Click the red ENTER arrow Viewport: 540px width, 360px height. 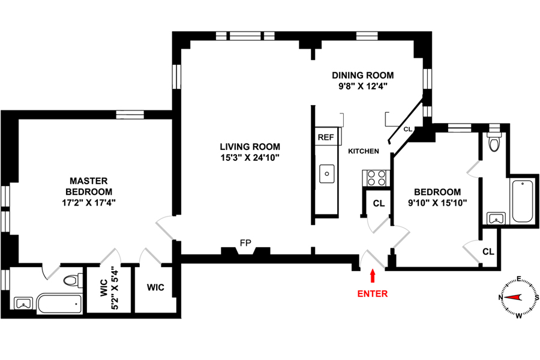(373, 276)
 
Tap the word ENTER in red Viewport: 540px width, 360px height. (373, 294)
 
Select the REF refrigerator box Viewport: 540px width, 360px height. (326, 137)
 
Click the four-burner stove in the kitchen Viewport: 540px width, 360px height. (376, 178)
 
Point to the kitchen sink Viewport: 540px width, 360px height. (327, 173)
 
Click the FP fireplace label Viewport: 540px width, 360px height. (245, 243)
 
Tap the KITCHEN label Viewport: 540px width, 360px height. (364, 151)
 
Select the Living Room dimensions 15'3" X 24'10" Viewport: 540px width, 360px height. (250, 158)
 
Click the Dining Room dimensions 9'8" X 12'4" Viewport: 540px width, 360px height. (363, 86)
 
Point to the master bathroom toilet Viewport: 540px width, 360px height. (72, 280)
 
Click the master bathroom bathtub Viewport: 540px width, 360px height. (59, 304)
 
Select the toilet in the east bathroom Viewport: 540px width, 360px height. (494, 143)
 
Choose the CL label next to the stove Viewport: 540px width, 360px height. (379, 203)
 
